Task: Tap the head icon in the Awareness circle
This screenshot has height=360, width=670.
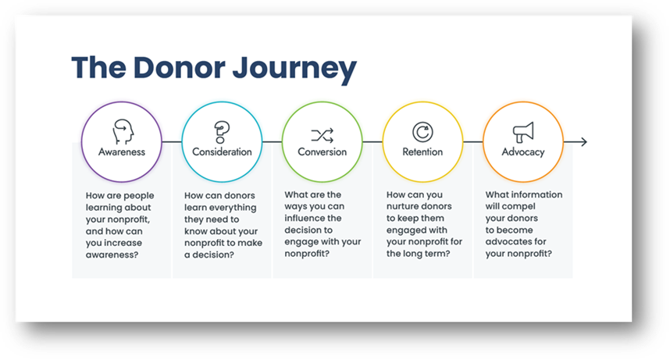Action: click(x=123, y=131)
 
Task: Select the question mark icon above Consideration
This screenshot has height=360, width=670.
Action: click(x=222, y=132)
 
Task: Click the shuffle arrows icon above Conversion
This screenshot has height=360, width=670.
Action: click(x=323, y=136)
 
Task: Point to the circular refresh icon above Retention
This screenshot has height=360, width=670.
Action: click(x=422, y=132)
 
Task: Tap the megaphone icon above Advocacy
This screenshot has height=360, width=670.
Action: click(x=523, y=132)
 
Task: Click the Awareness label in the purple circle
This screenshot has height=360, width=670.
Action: click(x=122, y=151)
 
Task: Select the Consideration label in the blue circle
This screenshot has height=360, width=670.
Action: click(x=222, y=151)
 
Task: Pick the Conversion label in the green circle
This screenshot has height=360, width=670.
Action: click(x=323, y=151)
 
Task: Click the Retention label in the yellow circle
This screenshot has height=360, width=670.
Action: click(x=422, y=151)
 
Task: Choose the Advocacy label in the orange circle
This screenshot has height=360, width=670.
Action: click(x=523, y=152)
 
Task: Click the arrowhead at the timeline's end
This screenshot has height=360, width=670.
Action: click(x=584, y=141)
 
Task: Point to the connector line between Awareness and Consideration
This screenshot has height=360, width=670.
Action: click(x=172, y=141)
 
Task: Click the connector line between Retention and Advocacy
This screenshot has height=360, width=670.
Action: click(x=473, y=141)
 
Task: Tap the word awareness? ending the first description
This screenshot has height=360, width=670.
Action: click(x=112, y=255)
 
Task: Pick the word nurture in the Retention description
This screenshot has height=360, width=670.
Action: click(x=402, y=206)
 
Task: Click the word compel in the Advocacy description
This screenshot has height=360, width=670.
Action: click(x=519, y=206)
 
